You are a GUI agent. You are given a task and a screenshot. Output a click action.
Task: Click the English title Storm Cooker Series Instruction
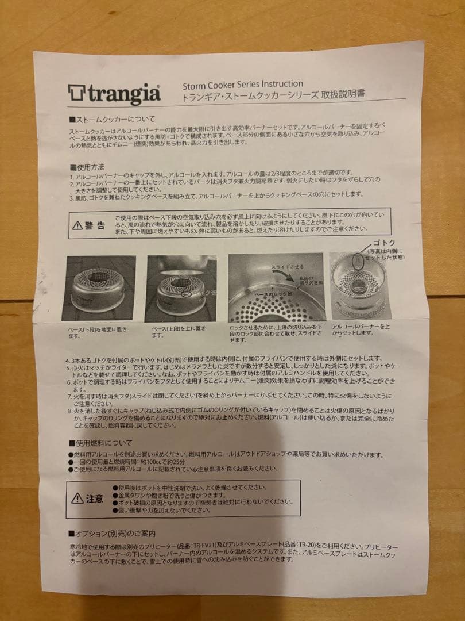tap(243, 84)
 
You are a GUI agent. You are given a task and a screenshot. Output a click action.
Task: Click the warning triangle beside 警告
tap(78, 225)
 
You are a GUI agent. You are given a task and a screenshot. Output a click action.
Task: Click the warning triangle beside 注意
tap(77, 498)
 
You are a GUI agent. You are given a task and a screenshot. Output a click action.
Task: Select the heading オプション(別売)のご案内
tap(114, 533)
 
